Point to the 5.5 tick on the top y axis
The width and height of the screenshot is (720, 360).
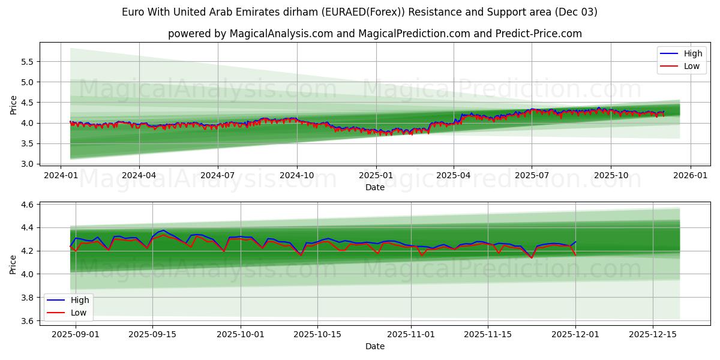tap(28, 62)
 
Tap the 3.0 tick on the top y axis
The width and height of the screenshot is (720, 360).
tap(28, 164)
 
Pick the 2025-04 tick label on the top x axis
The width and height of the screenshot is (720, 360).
tap(454, 176)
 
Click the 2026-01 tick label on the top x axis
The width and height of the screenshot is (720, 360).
tap(690, 176)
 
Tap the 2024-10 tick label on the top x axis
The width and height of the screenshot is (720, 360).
tap(297, 176)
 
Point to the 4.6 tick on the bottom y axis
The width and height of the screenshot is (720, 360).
tap(28, 205)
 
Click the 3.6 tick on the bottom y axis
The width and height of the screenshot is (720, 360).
tap(28, 321)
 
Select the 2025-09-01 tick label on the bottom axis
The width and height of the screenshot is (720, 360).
tap(75, 334)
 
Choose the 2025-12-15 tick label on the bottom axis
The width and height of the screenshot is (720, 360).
tap(652, 334)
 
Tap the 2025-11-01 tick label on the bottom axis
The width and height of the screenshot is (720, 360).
tap(411, 334)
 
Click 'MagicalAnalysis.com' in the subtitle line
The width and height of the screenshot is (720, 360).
tap(281, 34)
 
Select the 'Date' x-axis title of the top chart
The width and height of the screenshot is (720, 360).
tap(375, 187)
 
